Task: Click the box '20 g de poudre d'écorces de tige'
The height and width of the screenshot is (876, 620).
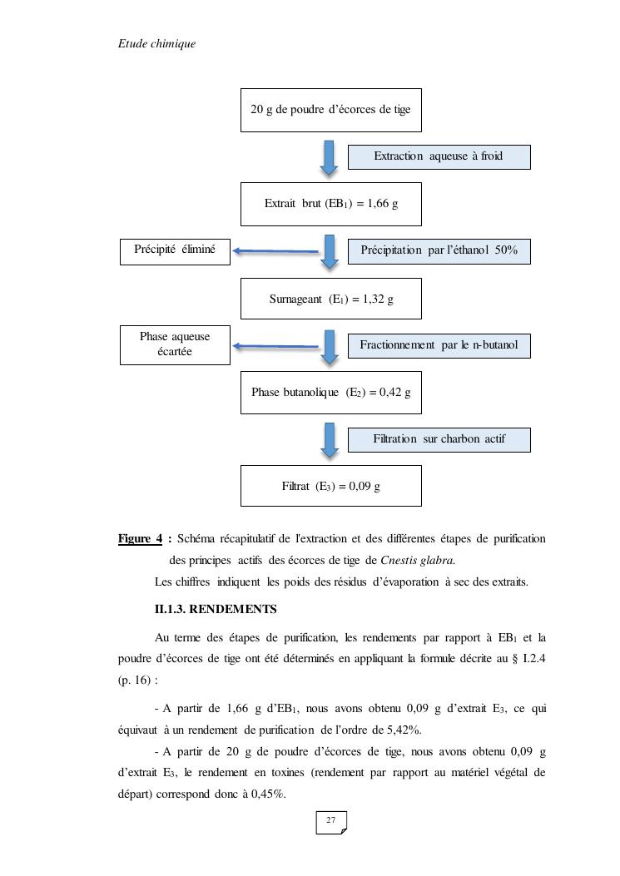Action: click(330, 110)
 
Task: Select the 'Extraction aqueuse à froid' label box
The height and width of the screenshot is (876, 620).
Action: click(439, 156)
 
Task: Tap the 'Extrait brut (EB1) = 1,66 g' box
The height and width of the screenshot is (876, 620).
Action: click(330, 204)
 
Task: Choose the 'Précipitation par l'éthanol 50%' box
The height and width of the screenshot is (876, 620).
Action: click(439, 250)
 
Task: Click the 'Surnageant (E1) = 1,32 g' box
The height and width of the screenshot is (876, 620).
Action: click(330, 299)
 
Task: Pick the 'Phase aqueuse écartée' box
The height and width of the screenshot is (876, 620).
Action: click(175, 344)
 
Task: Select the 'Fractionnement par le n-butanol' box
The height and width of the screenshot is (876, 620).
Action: click(439, 345)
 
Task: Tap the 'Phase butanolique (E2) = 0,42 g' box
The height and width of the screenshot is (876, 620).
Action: click(330, 392)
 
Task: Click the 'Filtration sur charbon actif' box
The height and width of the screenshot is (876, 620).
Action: click(439, 439)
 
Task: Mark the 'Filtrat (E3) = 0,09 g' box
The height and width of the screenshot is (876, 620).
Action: click(330, 486)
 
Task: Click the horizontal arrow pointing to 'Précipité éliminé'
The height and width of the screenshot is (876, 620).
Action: click(275, 250)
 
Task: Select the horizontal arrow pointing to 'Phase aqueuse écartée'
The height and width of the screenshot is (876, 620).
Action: click(275, 345)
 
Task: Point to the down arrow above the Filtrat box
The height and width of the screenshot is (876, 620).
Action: click(330, 440)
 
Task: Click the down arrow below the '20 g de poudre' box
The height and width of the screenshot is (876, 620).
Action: click(330, 157)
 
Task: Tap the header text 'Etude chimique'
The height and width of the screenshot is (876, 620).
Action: click(157, 43)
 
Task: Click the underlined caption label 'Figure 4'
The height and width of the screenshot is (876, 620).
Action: click(140, 539)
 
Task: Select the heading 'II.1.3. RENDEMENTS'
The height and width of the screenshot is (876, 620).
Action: click(216, 610)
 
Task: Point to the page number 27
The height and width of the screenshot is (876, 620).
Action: click(330, 821)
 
